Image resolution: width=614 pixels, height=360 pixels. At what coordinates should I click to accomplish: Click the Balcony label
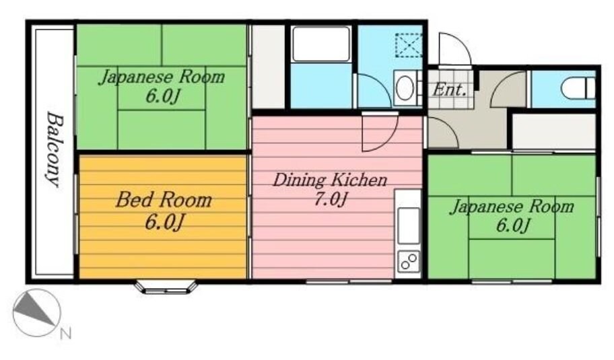point(53,149)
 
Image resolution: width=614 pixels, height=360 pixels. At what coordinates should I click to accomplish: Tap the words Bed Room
point(163,200)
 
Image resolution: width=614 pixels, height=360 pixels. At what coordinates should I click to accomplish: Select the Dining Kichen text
point(329,180)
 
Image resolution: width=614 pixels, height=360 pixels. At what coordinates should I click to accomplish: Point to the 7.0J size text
point(329,200)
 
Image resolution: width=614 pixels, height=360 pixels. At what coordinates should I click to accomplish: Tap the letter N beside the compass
point(65,333)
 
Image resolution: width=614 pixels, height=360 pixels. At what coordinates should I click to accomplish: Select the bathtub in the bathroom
point(321,44)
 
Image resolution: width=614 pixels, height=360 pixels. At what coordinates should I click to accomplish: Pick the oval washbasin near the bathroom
point(404,89)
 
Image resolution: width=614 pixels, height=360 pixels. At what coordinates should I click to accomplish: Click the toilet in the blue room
point(580,87)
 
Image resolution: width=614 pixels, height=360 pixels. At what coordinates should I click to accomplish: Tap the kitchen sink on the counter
point(408,226)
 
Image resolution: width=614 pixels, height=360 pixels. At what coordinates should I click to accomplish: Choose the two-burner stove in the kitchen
point(408,261)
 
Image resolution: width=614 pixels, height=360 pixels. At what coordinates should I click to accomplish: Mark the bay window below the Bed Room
point(166,287)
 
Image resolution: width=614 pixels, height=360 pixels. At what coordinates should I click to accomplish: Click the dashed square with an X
point(407,46)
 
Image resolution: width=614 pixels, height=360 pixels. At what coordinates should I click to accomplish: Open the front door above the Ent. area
point(452,48)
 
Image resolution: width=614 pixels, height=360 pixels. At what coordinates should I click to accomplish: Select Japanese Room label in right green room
point(512,206)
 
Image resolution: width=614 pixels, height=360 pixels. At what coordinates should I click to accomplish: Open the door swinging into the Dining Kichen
point(378,133)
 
